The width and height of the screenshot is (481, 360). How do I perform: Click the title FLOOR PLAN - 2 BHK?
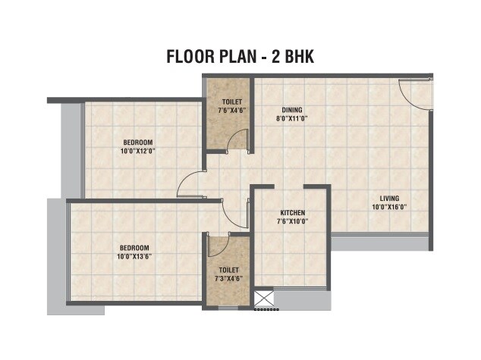240,56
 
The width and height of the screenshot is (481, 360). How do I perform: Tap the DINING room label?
292,110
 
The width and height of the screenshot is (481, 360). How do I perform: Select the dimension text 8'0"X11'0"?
292,118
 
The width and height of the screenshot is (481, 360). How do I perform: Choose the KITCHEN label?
292,213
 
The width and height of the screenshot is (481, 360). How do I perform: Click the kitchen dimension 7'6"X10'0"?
292,221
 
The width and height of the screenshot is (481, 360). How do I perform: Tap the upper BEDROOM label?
138,142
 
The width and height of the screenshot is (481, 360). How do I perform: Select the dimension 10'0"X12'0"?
138,151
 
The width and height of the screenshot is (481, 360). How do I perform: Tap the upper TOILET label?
232,101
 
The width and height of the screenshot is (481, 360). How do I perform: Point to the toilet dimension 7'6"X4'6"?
232,109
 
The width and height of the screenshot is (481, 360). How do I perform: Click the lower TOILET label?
228,270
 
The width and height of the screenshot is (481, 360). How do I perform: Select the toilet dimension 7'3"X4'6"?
228,278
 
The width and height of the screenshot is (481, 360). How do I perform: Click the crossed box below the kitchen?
265,298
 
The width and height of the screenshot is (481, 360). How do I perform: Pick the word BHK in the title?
297,56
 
